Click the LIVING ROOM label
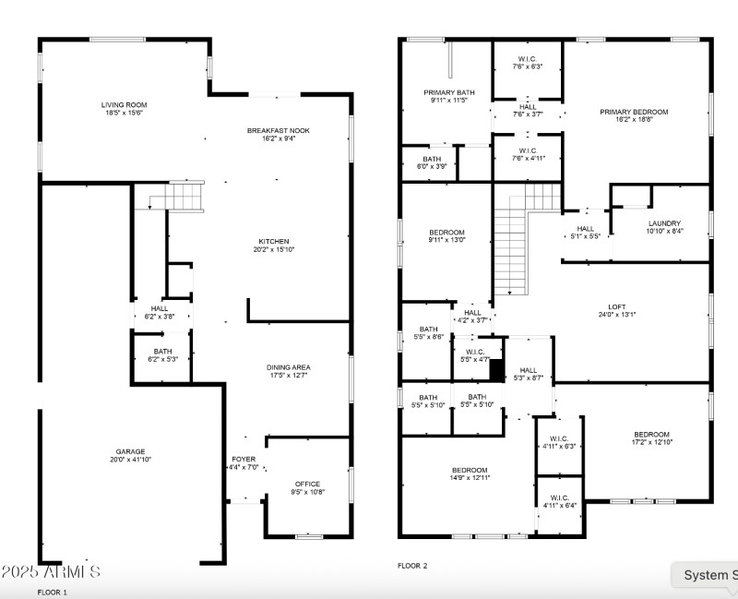point(124,105)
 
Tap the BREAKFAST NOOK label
point(278,131)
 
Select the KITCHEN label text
point(273,242)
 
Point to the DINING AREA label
point(289,367)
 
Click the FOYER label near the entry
point(244,459)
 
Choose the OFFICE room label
point(307,485)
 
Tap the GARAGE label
point(130,452)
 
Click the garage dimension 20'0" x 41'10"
point(130,461)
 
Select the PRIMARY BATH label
point(449,92)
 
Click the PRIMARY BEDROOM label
point(634,113)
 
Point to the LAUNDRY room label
point(664,223)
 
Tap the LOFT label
point(616,306)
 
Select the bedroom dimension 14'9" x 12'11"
point(470,478)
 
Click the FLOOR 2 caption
point(412,566)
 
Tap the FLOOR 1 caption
point(52,592)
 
